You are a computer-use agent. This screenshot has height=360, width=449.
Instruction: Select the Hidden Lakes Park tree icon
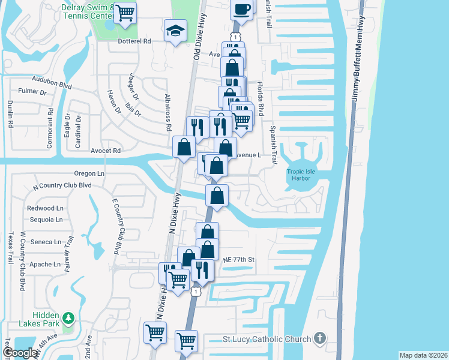68,317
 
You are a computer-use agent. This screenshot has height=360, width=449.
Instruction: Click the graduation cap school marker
175,31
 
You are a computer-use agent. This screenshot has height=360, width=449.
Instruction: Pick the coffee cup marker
242,9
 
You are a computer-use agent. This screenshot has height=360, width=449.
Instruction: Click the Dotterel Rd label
134,41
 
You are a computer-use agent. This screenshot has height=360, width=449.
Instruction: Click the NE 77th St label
239,260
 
